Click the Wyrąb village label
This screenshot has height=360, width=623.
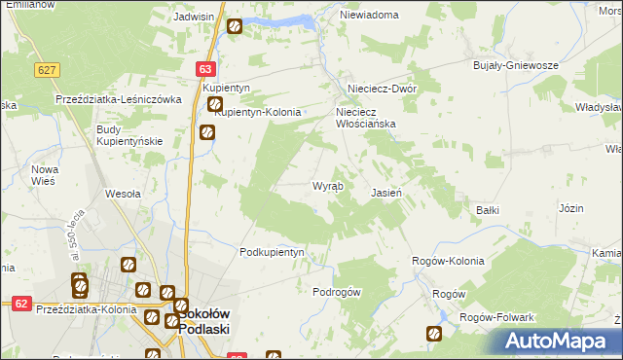click(326, 186)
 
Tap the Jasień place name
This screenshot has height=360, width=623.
click(386, 193)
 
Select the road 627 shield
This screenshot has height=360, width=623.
click(46, 71)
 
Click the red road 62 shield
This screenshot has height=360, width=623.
click(19, 304)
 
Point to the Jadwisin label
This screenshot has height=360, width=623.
click(193, 18)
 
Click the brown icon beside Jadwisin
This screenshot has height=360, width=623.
click(235, 26)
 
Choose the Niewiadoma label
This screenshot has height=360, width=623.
click(369, 16)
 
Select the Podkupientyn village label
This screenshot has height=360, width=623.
click(273, 252)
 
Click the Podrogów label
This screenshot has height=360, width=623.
click(337, 292)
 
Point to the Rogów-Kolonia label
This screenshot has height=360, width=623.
click(448, 261)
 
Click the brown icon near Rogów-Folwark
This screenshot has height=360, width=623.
click(434, 334)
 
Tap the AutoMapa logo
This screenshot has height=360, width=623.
click(558, 342)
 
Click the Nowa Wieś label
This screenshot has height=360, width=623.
click(45, 175)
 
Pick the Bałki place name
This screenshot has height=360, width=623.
click(488, 209)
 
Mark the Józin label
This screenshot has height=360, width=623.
click(571, 209)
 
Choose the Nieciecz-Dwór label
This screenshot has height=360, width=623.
click(376, 88)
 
